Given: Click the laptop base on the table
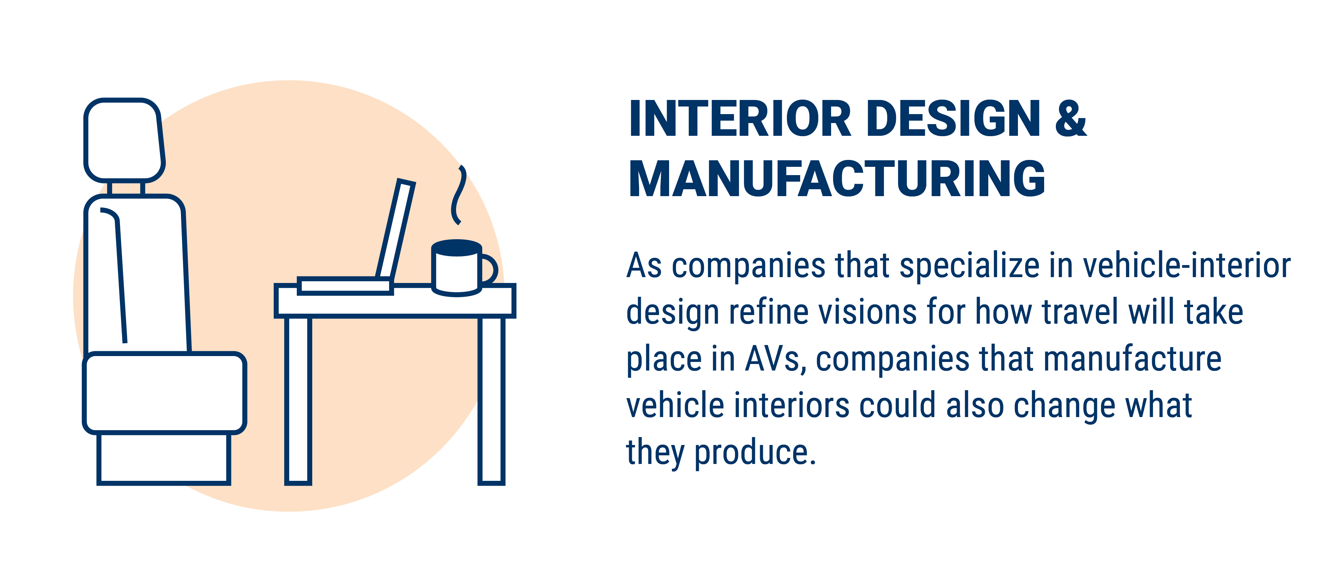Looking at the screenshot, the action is tap(345, 286).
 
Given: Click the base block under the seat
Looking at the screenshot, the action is tap(163, 459).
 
